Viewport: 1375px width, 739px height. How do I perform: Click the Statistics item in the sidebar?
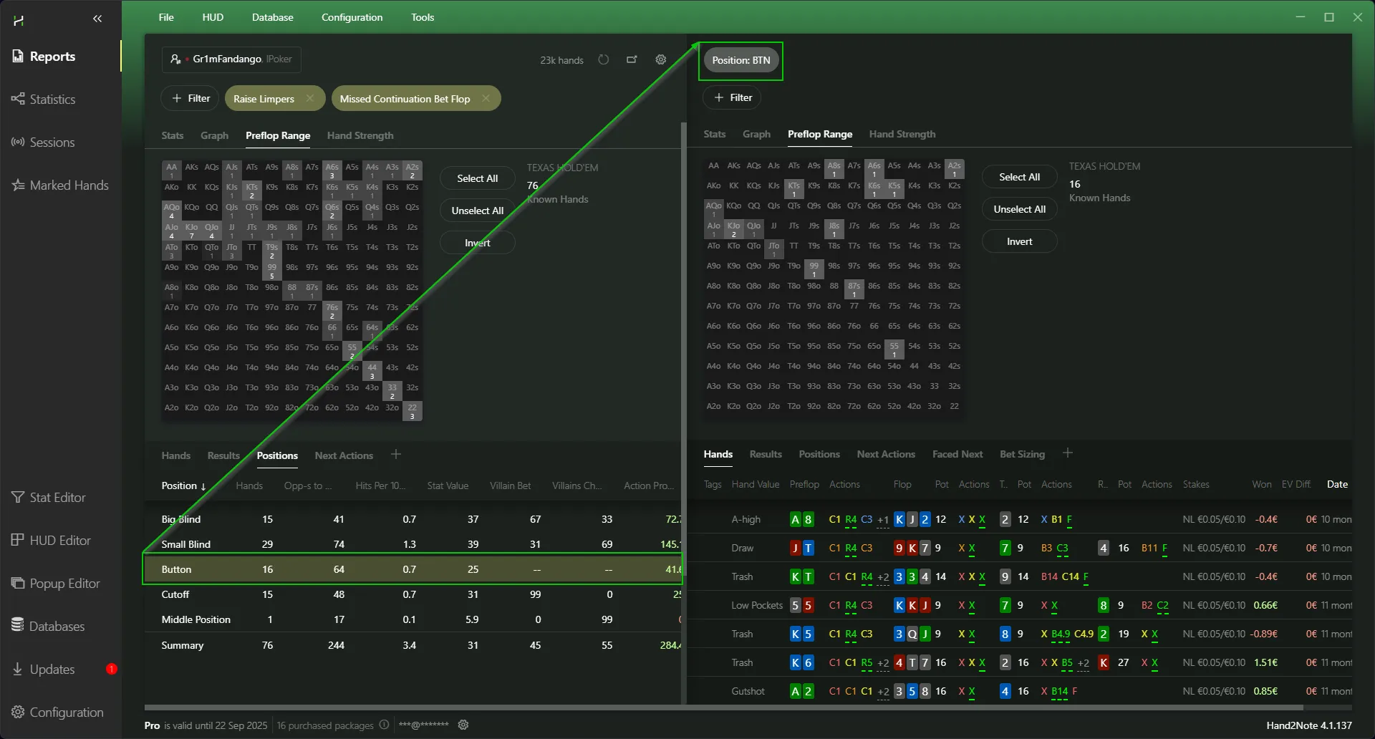pos(52,100)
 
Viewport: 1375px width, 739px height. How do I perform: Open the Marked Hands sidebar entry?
pos(69,185)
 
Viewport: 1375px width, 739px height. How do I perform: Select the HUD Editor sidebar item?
pos(60,541)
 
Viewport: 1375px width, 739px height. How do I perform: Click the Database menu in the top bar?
pos(272,17)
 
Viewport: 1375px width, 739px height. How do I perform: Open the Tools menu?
pos(423,17)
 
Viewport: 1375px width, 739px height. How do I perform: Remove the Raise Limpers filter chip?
pos(310,99)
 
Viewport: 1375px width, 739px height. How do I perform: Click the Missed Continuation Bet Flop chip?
pos(405,99)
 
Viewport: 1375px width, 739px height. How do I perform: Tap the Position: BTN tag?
pos(740,60)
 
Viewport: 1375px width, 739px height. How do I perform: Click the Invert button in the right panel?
pos(1019,241)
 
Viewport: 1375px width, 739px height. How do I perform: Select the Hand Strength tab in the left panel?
pos(360,135)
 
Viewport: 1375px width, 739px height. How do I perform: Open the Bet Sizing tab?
pos(1022,454)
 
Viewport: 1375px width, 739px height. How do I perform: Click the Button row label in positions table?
pos(176,569)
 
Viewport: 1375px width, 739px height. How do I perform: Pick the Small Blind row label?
pos(186,544)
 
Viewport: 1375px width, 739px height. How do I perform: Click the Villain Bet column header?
pos(510,486)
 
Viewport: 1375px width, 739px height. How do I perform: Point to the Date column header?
pos(1337,484)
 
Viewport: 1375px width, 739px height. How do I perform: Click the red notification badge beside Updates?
pos(112,669)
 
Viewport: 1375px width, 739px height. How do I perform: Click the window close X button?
pos(1357,17)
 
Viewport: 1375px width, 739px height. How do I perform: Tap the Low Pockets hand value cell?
pos(757,605)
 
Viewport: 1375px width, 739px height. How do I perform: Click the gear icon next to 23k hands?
pos(661,59)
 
